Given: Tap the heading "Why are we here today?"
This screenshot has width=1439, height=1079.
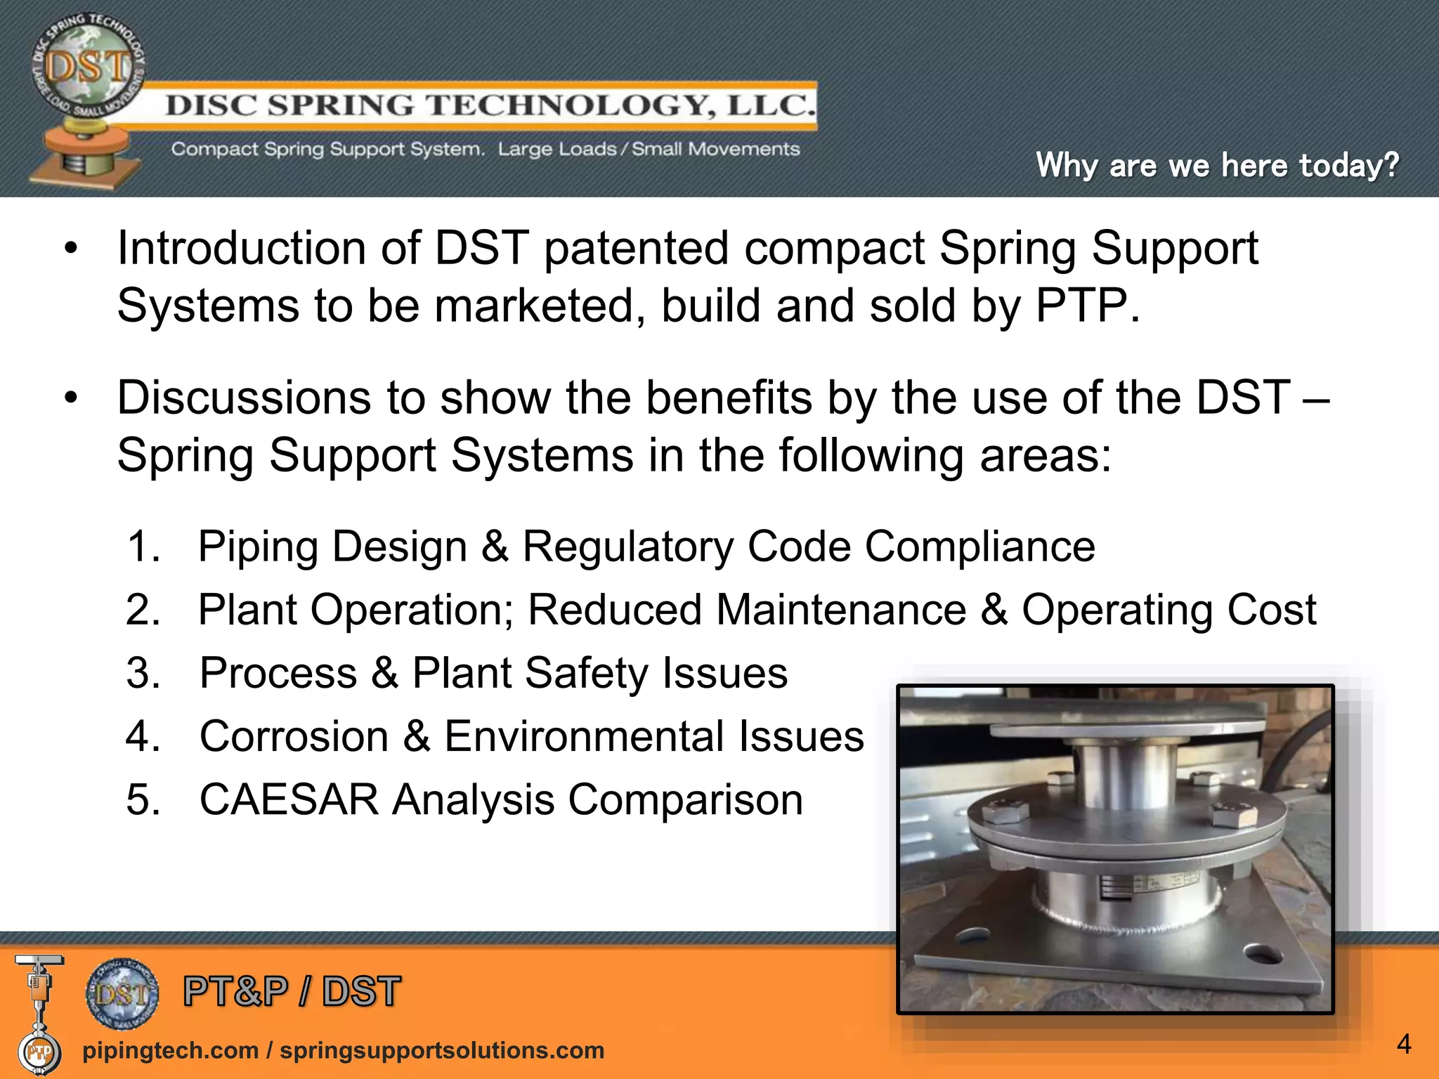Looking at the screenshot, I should (1217, 166).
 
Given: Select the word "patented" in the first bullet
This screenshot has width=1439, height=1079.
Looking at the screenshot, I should (636, 249).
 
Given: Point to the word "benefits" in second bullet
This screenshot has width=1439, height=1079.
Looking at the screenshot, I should (729, 398).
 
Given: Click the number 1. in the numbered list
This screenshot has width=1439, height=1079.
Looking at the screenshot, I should (144, 547).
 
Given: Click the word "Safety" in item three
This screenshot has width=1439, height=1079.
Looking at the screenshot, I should (586, 674).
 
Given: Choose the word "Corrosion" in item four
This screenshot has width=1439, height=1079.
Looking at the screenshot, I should (294, 737).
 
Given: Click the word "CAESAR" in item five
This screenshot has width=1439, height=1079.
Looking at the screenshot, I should (289, 800).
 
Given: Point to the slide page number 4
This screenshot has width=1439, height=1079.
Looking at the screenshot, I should (1403, 1045).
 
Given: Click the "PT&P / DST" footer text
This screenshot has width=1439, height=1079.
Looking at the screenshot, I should (292, 992).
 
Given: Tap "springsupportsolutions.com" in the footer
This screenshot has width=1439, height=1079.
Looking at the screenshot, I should (442, 1051).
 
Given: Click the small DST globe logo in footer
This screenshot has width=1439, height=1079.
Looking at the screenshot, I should (122, 993).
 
